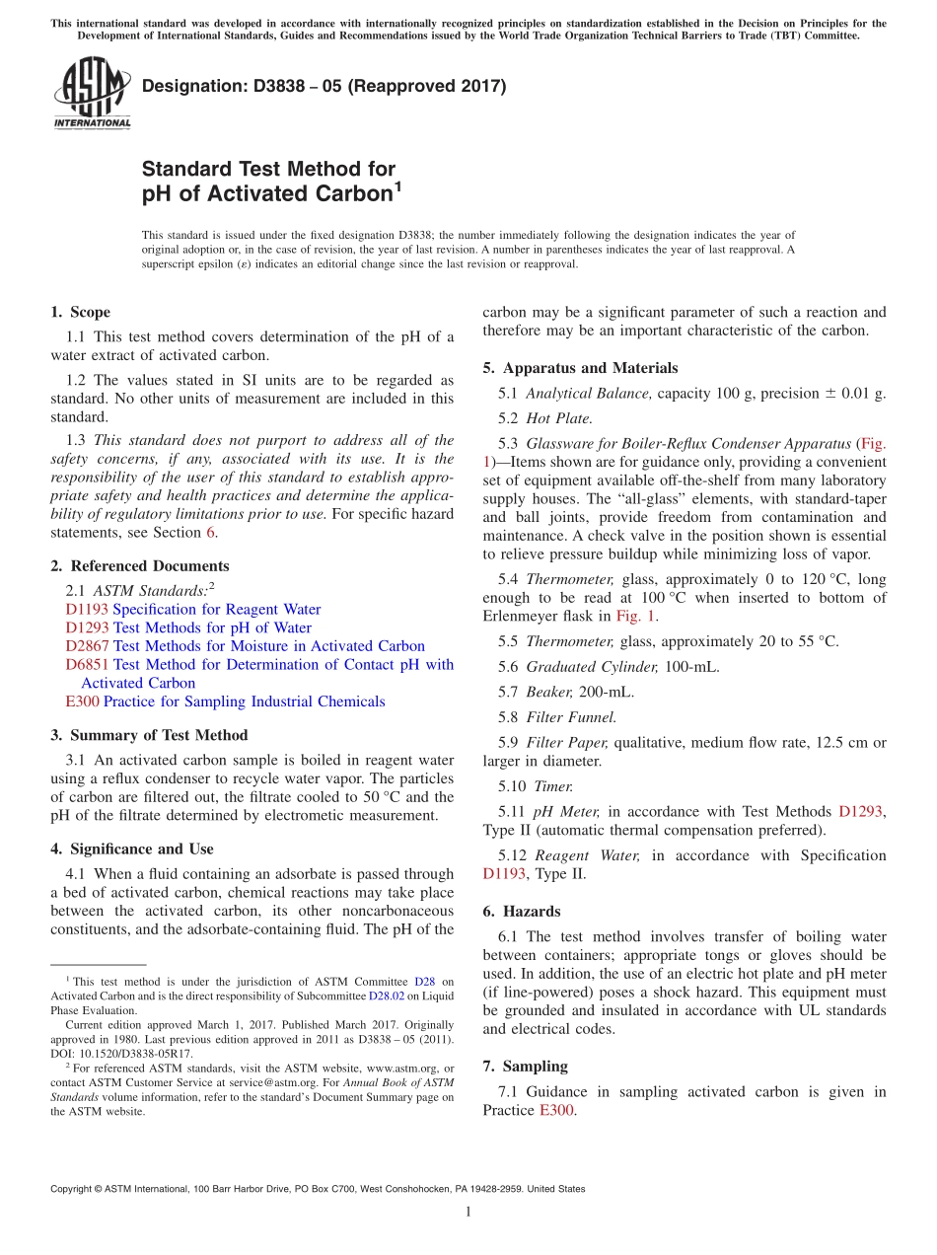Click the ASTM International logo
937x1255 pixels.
click(x=92, y=94)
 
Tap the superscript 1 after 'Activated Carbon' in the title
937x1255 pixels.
click(x=397, y=185)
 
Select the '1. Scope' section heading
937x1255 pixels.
click(x=80, y=312)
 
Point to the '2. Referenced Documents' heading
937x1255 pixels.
click(x=139, y=565)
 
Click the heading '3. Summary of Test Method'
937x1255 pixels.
click(x=149, y=735)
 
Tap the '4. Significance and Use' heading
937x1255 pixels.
click(x=131, y=849)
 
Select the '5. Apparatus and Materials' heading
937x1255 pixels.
click(x=580, y=368)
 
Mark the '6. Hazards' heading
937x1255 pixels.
click(x=521, y=912)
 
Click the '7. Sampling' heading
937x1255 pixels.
click(x=525, y=1067)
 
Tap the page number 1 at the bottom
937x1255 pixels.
click(x=468, y=1212)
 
